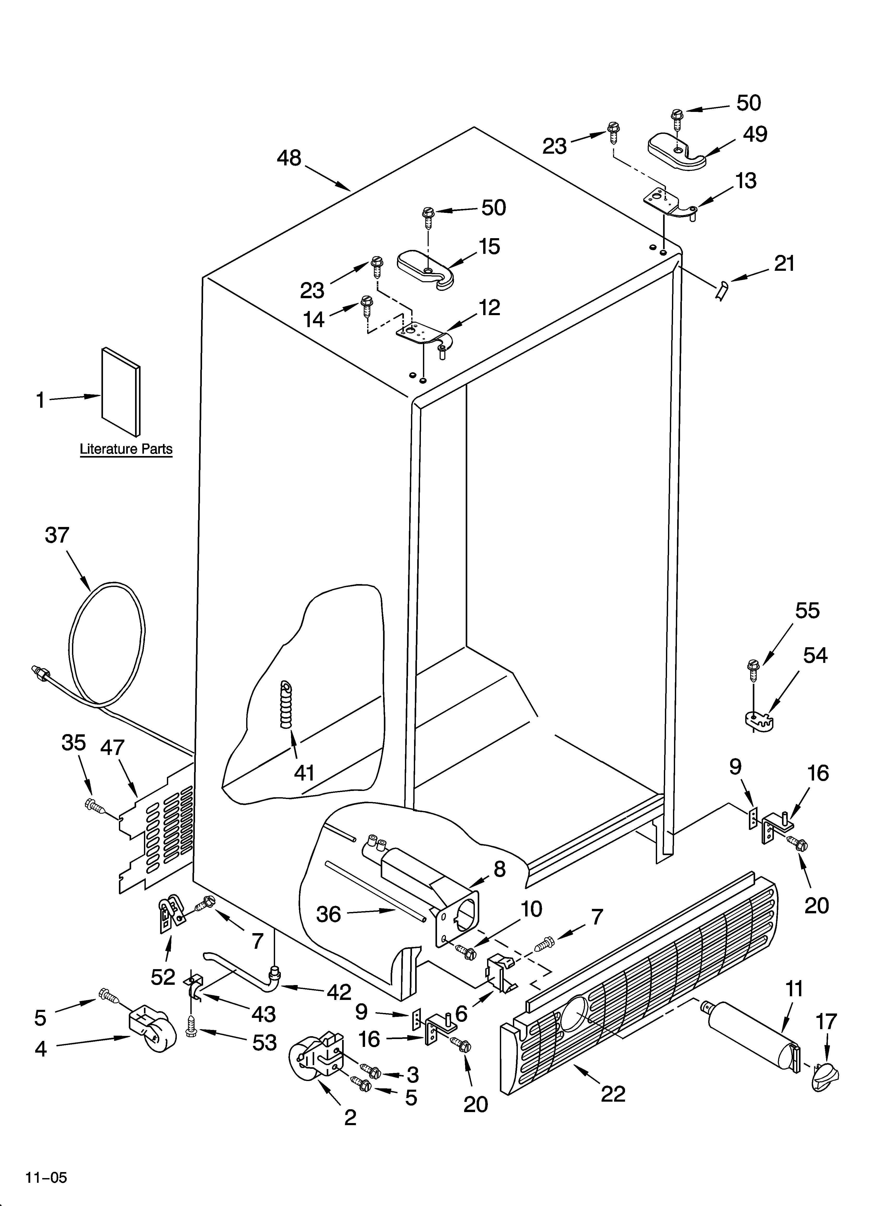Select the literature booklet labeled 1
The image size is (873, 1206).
tap(121, 391)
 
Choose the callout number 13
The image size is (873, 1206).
tap(746, 181)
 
